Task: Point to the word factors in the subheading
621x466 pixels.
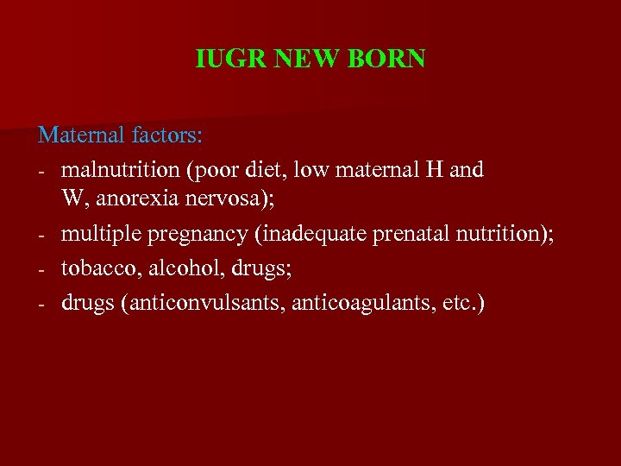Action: click(168, 135)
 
